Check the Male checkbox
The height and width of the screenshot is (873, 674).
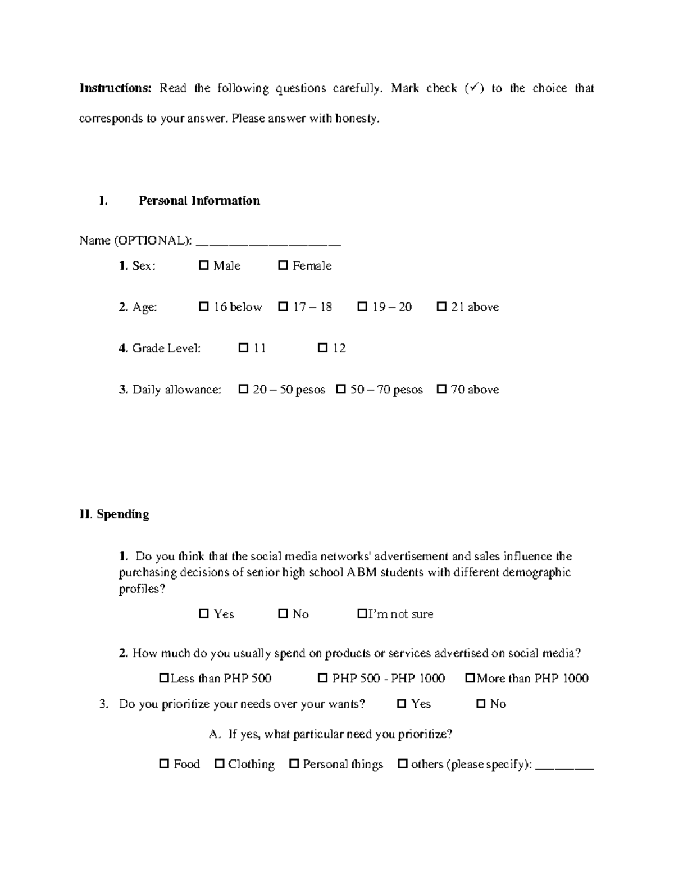[203, 265]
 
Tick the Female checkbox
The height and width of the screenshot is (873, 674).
[283, 265]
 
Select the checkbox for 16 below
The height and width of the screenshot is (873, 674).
[203, 307]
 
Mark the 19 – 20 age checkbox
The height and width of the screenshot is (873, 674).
[362, 307]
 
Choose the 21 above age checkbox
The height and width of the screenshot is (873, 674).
[441, 307]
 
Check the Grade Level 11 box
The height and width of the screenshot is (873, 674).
[243, 348]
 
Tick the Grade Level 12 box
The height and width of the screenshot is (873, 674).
[322, 348]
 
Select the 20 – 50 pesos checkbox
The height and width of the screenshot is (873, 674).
[243, 390]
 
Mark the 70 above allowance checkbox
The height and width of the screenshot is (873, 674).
[441, 390]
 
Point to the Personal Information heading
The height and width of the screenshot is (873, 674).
[199, 201]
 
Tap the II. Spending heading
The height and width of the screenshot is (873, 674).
[115, 514]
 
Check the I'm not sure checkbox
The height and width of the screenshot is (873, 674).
[362, 614]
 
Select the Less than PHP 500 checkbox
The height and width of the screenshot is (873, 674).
[164, 679]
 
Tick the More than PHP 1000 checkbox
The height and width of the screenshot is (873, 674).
[470, 679]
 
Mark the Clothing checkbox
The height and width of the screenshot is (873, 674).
[220, 764]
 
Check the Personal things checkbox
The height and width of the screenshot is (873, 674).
[294, 764]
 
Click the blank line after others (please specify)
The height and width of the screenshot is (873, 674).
[564, 766]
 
